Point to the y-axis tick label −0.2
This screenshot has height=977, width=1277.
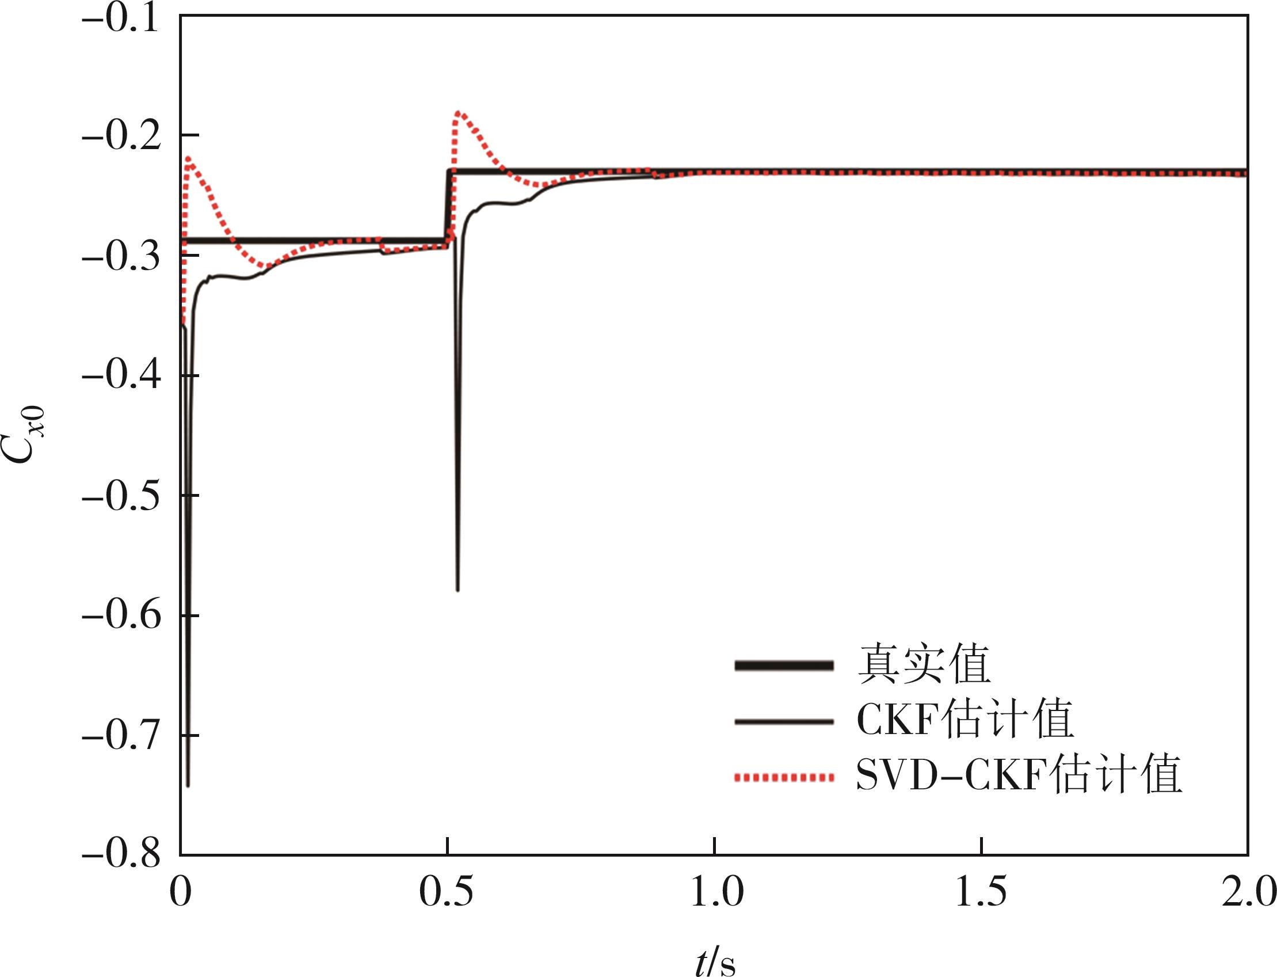(x=120, y=138)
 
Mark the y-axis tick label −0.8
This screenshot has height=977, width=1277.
(x=120, y=856)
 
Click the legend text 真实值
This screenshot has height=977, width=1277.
(x=924, y=666)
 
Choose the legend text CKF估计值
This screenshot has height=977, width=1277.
(x=965, y=721)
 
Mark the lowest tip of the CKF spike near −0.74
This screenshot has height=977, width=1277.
(x=188, y=785)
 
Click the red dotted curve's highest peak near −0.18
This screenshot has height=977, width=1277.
(x=459, y=112)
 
